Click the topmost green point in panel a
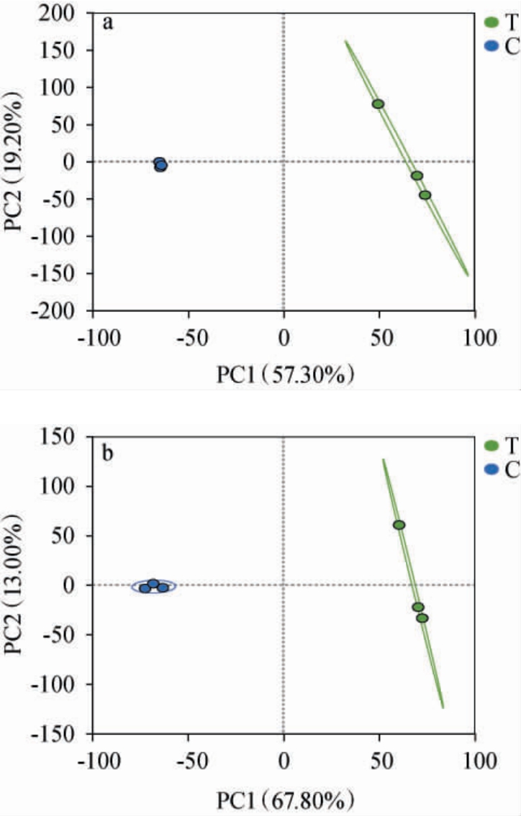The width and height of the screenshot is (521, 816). [x=378, y=104]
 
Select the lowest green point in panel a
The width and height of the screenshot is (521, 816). [x=425, y=195]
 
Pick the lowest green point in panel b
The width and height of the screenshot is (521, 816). [x=422, y=618]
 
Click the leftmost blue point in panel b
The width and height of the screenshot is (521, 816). [x=145, y=588]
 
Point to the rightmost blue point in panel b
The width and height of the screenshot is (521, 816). [x=163, y=587]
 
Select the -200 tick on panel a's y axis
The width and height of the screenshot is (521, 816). [x=65, y=311]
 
